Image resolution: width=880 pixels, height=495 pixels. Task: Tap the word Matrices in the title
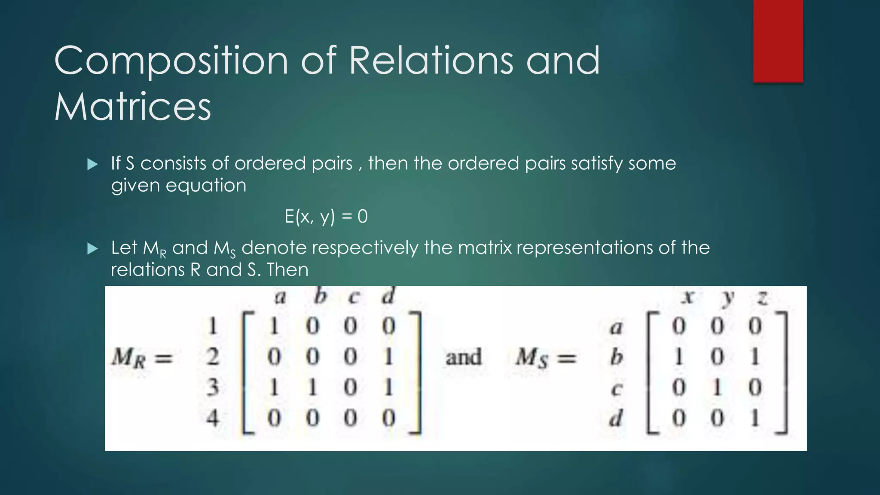click(x=133, y=107)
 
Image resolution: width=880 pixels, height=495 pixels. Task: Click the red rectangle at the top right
click(x=778, y=41)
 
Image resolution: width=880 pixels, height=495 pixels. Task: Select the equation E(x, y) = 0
click(x=326, y=216)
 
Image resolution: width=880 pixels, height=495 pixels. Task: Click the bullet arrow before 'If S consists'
click(x=92, y=164)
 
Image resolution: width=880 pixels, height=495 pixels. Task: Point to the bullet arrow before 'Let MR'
click(x=92, y=248)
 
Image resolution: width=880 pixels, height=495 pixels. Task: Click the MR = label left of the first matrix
click(x=142, y=357)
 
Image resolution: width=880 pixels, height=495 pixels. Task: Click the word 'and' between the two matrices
click(x=463, y=357)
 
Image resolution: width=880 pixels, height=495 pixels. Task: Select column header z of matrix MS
click(x=762, y=297)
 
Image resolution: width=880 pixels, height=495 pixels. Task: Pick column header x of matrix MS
click(x=687, y=297)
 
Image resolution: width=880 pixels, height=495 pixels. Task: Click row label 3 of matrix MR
click(x=213, y=387)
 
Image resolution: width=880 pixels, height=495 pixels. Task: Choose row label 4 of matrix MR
click(x=213, y=418)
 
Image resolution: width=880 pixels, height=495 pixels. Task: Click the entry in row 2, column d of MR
click(x=388, y=357)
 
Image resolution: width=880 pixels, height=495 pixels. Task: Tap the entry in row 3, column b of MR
click(x=312, y=388)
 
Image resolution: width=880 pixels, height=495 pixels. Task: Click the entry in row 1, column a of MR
click(x=274, y=326)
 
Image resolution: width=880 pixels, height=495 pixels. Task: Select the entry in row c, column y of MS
click(x=717, y=388)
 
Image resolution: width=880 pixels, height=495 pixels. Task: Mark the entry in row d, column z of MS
click(x=755, y=418)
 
